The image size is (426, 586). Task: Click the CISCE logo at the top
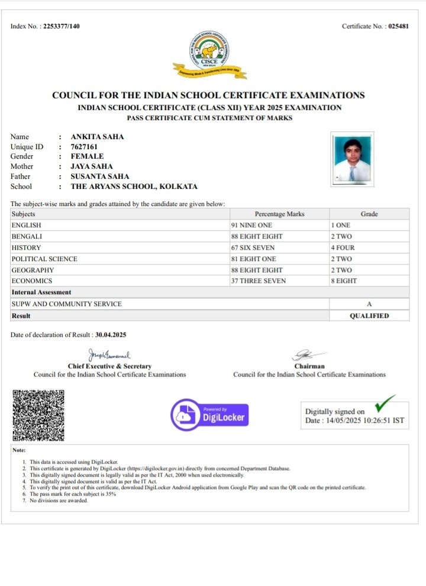tap(210, 54)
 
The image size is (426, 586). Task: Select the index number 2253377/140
tap(62, 27)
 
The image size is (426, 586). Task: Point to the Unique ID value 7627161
tap(84, 147)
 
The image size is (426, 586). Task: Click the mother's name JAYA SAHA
tap(91, 166)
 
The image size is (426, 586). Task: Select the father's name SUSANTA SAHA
tap(99, 176)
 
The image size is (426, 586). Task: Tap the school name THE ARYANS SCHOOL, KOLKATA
tap(134, 186)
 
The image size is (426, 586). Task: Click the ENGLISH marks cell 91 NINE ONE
tap(251, 226)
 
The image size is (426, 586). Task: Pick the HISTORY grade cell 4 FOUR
tap(343, 247)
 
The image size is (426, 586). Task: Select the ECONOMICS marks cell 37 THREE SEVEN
tap(257, 281)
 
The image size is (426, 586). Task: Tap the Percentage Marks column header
tap(279, 214)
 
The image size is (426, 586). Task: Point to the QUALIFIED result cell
tap(369, 316)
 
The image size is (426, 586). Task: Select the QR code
tap(38, 416)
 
